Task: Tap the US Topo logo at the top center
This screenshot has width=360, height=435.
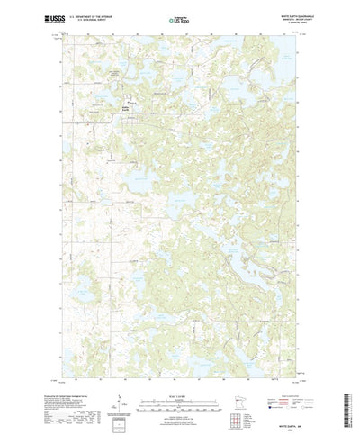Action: click(x=179, y=16)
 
